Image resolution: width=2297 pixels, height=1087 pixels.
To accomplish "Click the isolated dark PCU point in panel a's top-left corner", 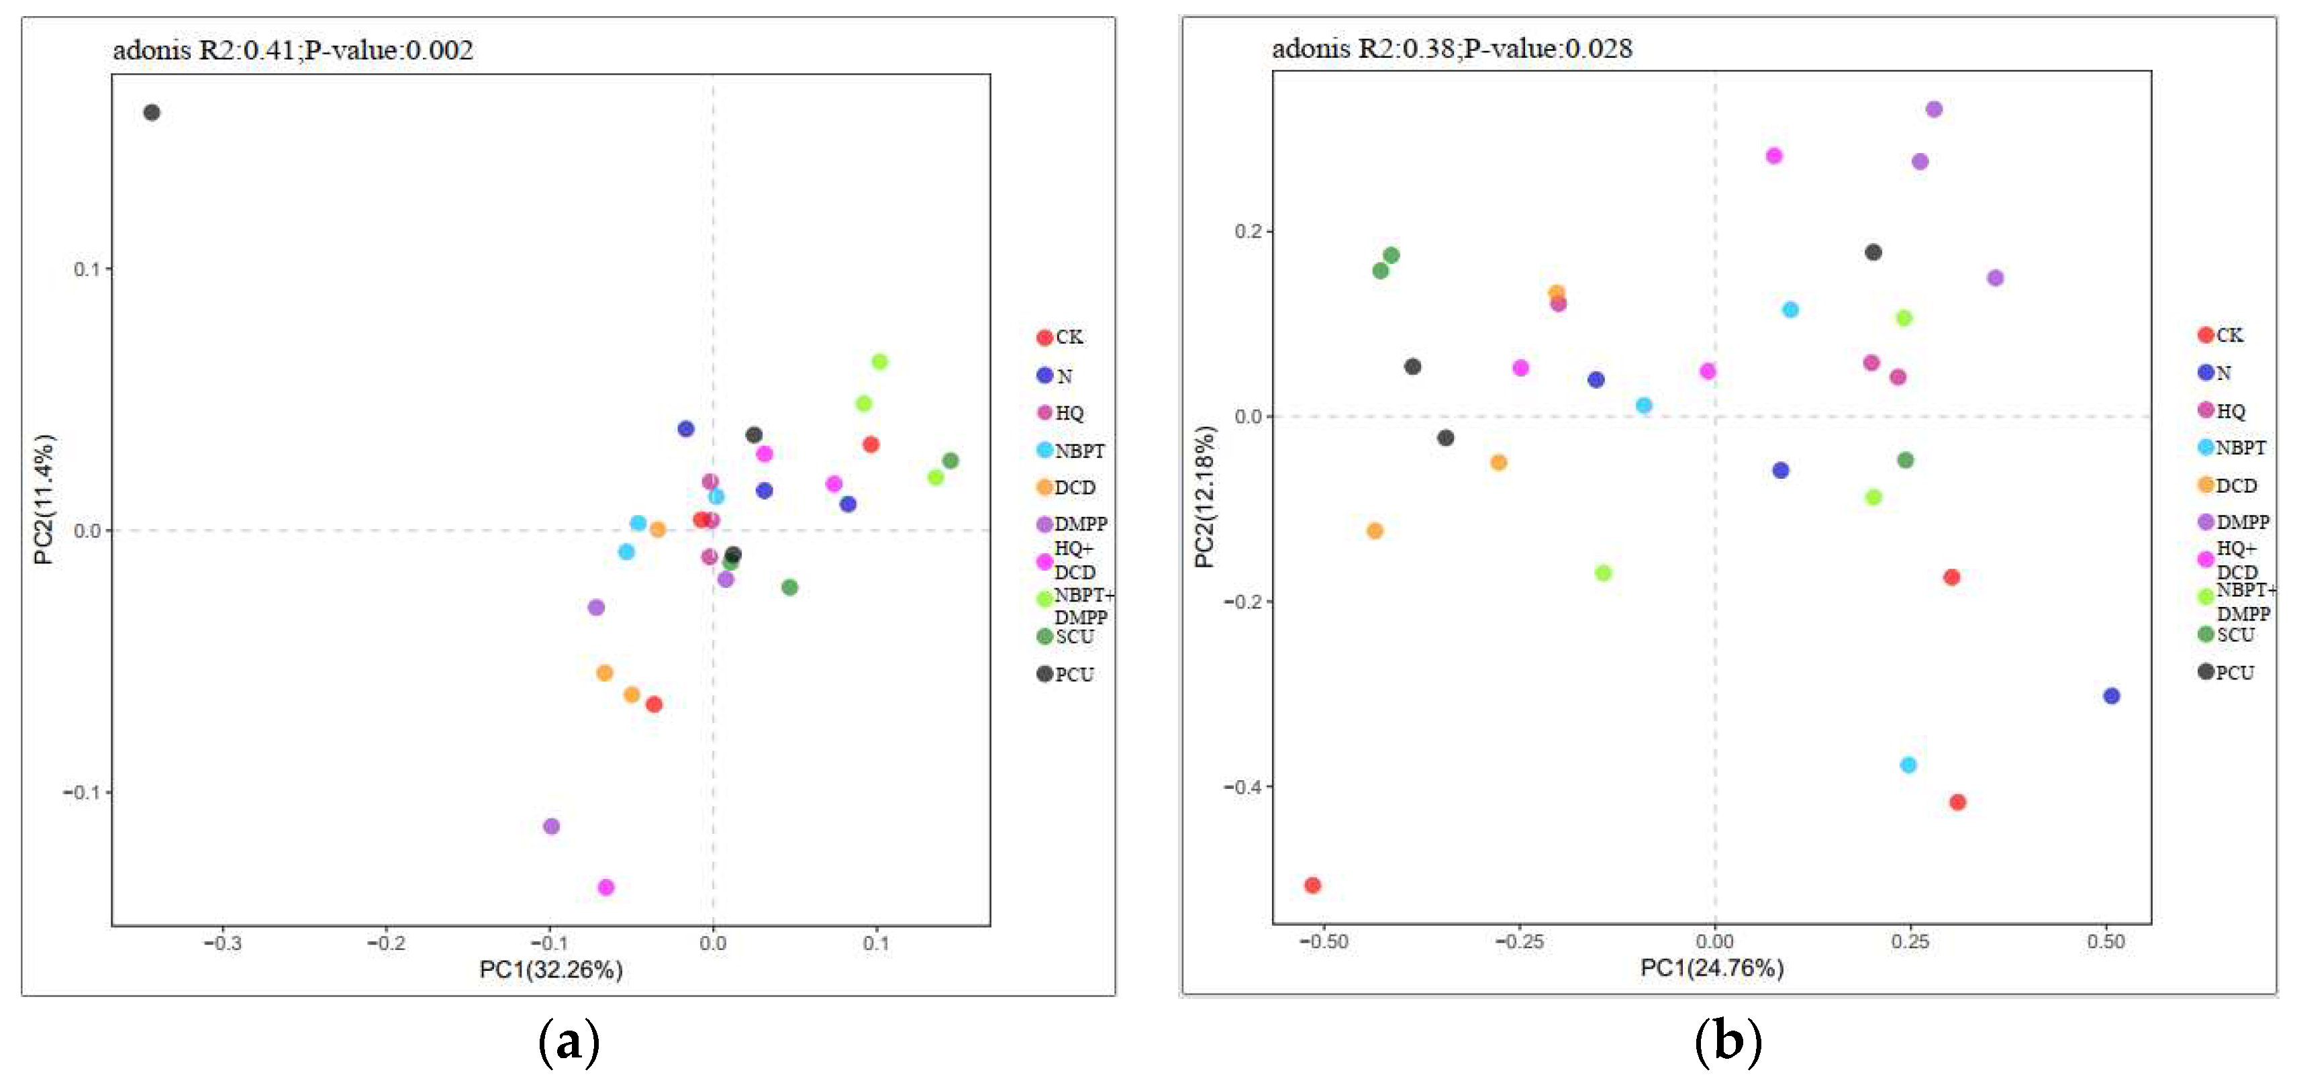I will pos(152,112).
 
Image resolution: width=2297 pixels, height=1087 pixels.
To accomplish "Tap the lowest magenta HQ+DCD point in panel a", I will pos(605,886).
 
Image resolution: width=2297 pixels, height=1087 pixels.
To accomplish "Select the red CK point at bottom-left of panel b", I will pos(1312,885).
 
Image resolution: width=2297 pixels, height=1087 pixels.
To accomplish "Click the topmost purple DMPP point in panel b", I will pos(1933,109).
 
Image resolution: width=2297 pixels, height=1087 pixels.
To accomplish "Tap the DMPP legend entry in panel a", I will pos(1072,524).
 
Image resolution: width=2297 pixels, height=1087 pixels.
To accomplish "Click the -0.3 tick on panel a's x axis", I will pos(222,943).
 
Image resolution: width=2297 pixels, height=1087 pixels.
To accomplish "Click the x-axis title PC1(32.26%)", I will pos(550,970).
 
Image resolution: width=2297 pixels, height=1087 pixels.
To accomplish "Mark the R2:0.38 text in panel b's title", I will pos(1406,48).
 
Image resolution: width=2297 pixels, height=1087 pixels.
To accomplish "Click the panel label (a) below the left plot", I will pos(569,1041).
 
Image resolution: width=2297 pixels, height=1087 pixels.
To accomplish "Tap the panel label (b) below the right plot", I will pos(1727,1041).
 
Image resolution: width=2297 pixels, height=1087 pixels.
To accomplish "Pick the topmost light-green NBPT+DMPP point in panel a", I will pos(879,361).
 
